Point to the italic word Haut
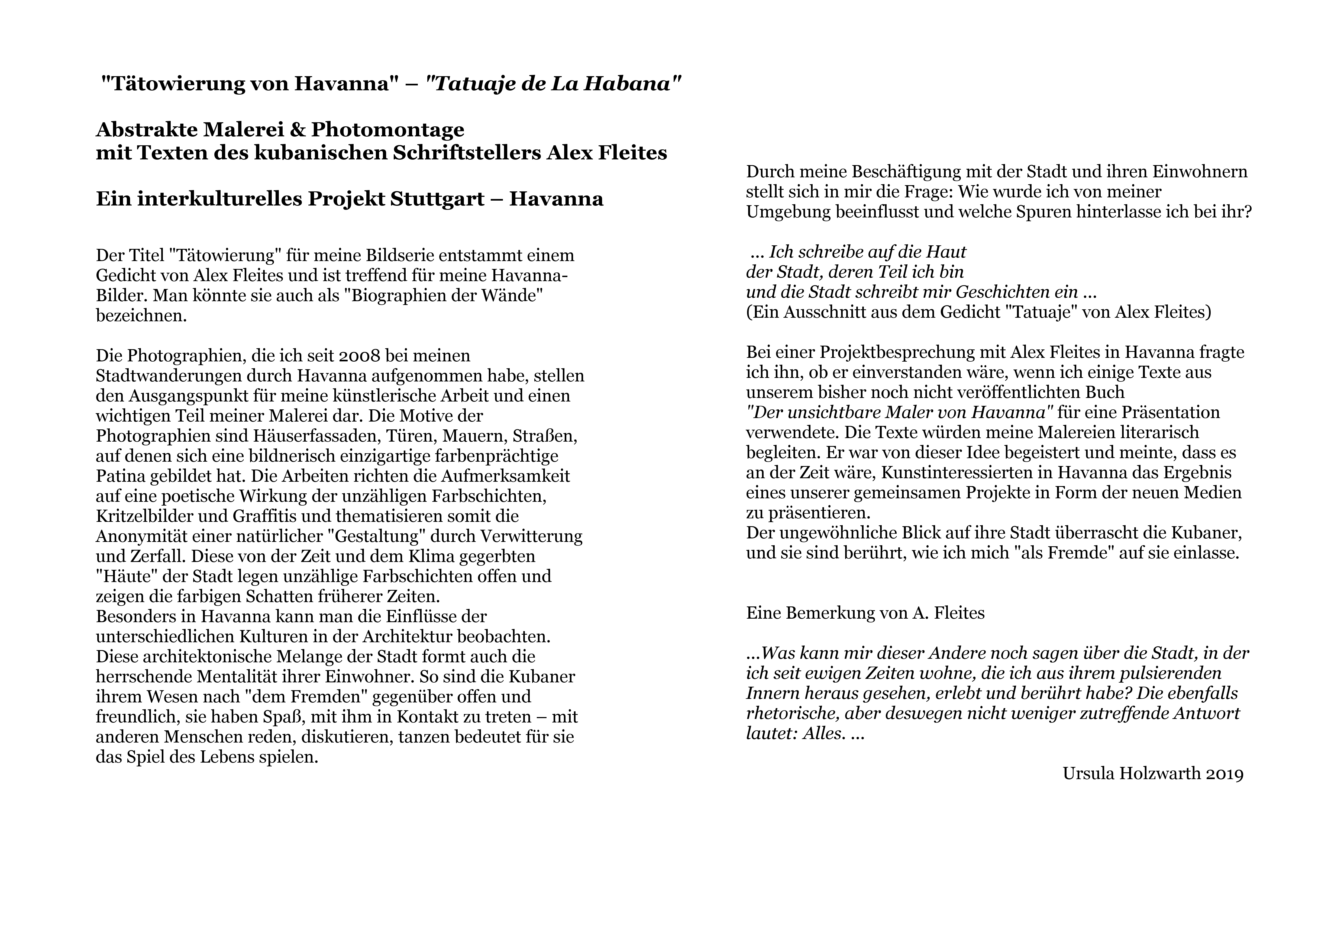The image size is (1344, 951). click(x=947, y=252)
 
